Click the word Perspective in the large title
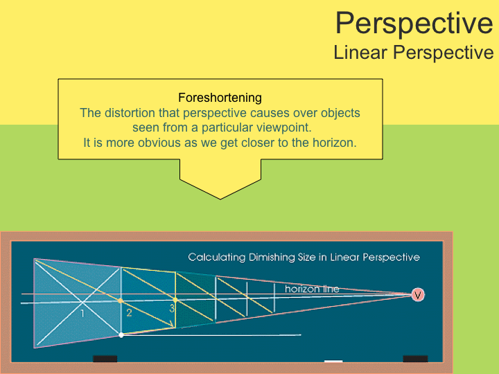(x=414, y=23)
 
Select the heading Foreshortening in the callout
(x=220, y=98)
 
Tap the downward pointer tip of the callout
(x=220, y=198)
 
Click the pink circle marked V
(x=417, y=295)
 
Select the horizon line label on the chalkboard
(x=312, y=289)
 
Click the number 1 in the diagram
(x=82, y=313)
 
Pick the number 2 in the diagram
(x=129, y=313)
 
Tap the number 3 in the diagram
(x=172, y=310)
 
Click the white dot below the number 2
(x=121, y=335)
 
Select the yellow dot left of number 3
(x=175, y=300)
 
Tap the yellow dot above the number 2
(x=121, y=301)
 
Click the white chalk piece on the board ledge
(x=333, y=361)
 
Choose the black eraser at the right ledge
(x=415, y=359)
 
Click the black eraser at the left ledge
(x=105, y=359)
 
